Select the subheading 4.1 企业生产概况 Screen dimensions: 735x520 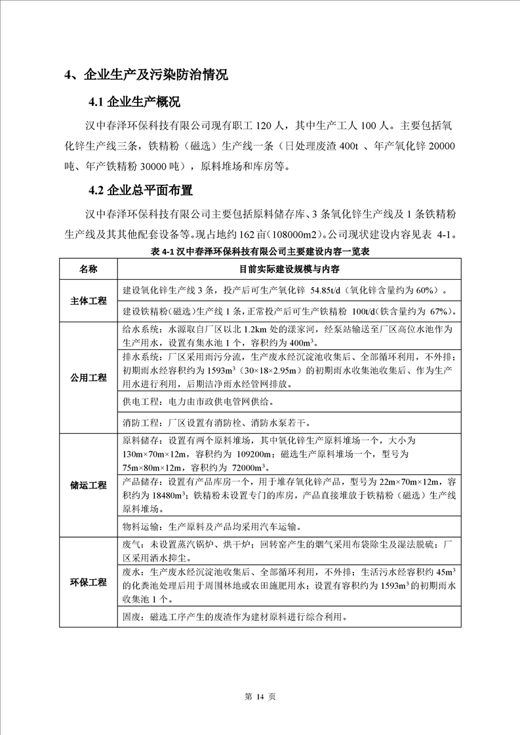coord(134,103)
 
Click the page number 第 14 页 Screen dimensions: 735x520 coord(260,696)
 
